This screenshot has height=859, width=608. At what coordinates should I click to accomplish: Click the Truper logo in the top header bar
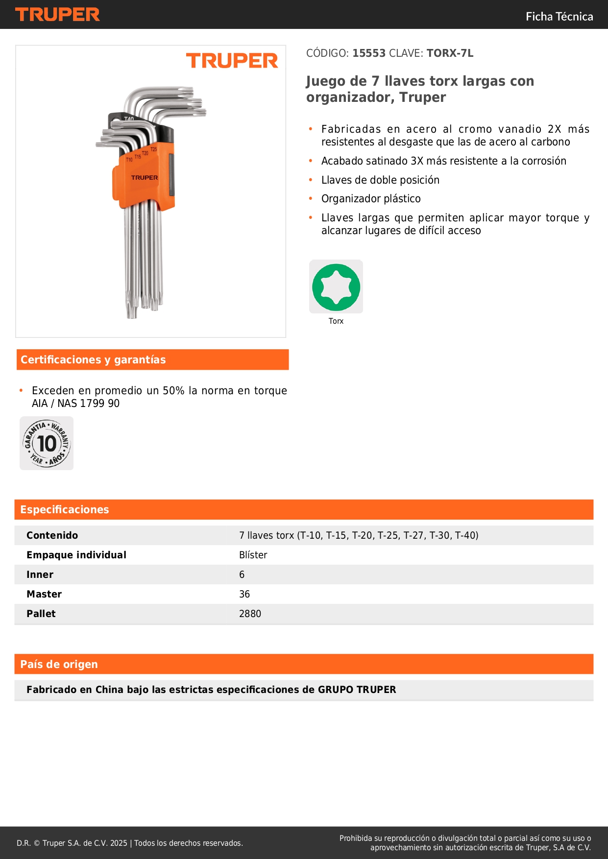point(57,15)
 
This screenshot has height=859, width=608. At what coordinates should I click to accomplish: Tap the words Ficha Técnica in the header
point(559,17)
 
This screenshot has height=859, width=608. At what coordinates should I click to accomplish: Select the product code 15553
point(369,53)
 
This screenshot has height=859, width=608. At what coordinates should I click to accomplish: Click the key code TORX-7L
point(450,53)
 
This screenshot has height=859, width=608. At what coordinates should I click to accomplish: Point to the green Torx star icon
point(336,287)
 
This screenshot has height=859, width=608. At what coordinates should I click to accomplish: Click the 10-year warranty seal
point(47,443)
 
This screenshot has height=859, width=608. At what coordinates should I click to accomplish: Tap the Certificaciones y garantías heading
point(93,360)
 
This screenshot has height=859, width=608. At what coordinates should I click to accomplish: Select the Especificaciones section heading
point(65,510)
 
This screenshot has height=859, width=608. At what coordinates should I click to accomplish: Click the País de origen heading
point(59,665)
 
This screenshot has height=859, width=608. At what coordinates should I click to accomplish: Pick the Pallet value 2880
point(250,614)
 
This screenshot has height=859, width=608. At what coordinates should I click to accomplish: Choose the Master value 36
point(244,594)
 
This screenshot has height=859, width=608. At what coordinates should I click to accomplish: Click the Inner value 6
point(242,574)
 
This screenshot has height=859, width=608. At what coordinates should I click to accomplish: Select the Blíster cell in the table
point(253,555)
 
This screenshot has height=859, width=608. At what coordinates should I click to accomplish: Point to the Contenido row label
point(52,535)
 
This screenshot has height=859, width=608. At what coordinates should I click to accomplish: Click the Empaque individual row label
point(76,555)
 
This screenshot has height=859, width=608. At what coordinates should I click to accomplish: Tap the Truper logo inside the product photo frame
point(232,61)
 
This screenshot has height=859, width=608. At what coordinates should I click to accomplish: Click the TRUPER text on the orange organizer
point(145,178)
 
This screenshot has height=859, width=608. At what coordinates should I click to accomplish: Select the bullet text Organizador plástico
point(371,199)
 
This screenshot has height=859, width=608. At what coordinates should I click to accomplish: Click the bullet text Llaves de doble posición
point(380,180)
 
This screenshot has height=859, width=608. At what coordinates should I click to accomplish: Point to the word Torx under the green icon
point(336,321)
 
